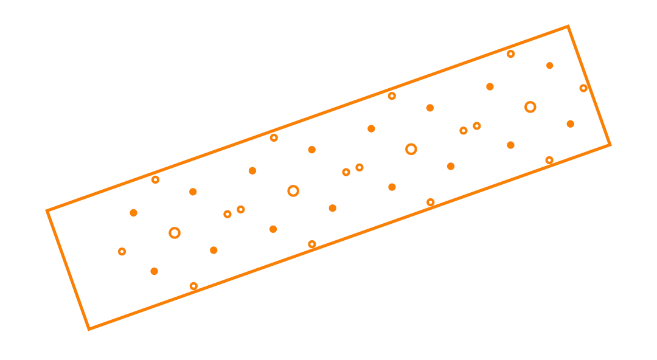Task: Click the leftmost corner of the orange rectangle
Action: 47,210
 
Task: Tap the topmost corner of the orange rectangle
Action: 568,27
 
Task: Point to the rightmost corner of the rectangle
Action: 610,145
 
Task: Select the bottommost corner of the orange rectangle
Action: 90,330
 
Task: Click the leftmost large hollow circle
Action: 175,233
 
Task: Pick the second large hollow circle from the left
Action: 294,191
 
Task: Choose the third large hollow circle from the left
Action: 411,149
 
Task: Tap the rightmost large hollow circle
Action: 530,107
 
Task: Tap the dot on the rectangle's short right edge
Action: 584,88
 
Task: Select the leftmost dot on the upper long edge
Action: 155,179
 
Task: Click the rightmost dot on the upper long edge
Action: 511,54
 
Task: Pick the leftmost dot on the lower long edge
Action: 193,288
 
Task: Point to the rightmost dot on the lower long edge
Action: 549,161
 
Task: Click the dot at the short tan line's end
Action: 490,87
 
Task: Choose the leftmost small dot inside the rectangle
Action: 122,251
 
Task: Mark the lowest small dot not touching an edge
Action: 155,271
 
